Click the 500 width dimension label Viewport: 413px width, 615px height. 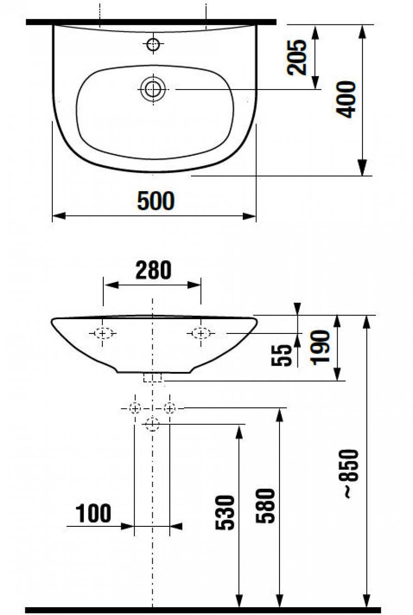(156, 201)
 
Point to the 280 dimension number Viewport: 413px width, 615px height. (153, 271)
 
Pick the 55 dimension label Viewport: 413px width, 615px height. (285, 355)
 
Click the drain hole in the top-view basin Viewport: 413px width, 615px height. (152, 89)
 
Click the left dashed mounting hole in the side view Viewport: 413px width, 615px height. (103, 333)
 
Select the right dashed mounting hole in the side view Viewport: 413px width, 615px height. (201, 333)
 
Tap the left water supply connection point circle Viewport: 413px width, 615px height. (135, 407)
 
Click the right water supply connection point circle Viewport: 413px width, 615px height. (170, 407)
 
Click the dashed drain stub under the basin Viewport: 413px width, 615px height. (153, 378)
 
